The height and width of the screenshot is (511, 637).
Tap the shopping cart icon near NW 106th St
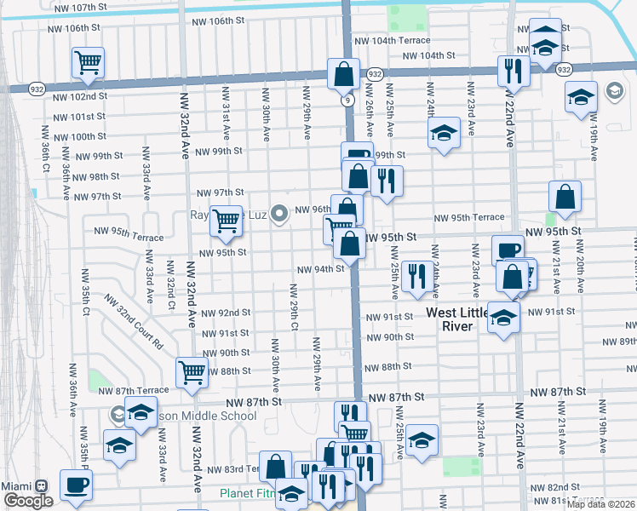[x=88, y=61]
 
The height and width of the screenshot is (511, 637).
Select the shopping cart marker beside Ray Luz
[x=226, y=221]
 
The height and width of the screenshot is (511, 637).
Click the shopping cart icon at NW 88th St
[x=192, y=371]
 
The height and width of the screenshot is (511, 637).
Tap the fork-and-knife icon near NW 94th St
[x=416, y=275]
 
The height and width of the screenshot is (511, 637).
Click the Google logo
[x=28, y=501]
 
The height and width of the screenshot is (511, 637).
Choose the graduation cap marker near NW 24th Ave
[x=443, y=133]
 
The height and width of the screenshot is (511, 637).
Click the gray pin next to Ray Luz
[x=279, y=216]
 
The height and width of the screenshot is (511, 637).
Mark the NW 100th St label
[x=77, y=136]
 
